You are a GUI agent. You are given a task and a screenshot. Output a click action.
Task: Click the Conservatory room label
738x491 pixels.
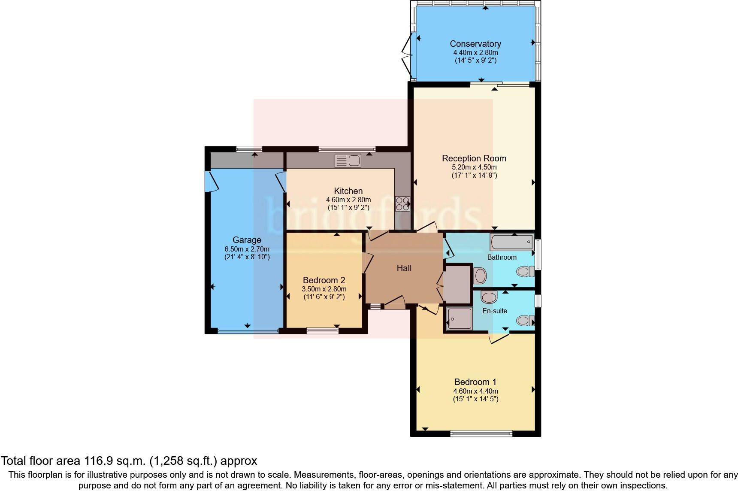475,44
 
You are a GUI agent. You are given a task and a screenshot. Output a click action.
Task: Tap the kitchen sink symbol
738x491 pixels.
348,161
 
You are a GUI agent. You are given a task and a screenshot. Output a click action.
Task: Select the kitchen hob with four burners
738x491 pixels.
402,203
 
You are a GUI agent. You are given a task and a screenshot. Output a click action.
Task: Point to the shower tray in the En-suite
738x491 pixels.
459,318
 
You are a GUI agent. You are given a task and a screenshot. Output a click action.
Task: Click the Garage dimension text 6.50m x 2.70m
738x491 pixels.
247,249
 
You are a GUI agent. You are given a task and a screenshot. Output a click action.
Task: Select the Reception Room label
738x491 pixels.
474,158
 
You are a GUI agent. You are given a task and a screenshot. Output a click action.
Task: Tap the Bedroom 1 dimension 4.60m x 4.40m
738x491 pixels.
475,391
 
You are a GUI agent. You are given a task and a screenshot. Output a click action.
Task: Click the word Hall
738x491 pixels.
404,268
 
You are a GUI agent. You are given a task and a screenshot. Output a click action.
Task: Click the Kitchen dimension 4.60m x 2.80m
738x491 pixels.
348,200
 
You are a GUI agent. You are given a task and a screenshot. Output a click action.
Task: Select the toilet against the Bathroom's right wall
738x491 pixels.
524,271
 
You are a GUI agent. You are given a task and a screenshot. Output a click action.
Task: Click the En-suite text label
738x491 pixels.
495,311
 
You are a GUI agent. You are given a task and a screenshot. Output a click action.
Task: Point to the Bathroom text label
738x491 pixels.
502,257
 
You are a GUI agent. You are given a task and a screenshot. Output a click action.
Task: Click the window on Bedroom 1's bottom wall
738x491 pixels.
481,433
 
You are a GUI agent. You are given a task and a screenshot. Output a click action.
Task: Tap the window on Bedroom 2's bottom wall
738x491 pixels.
322,330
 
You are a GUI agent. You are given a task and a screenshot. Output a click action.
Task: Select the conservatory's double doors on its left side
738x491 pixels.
406,56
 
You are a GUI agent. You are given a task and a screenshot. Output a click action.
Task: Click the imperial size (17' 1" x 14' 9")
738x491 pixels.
474,175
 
